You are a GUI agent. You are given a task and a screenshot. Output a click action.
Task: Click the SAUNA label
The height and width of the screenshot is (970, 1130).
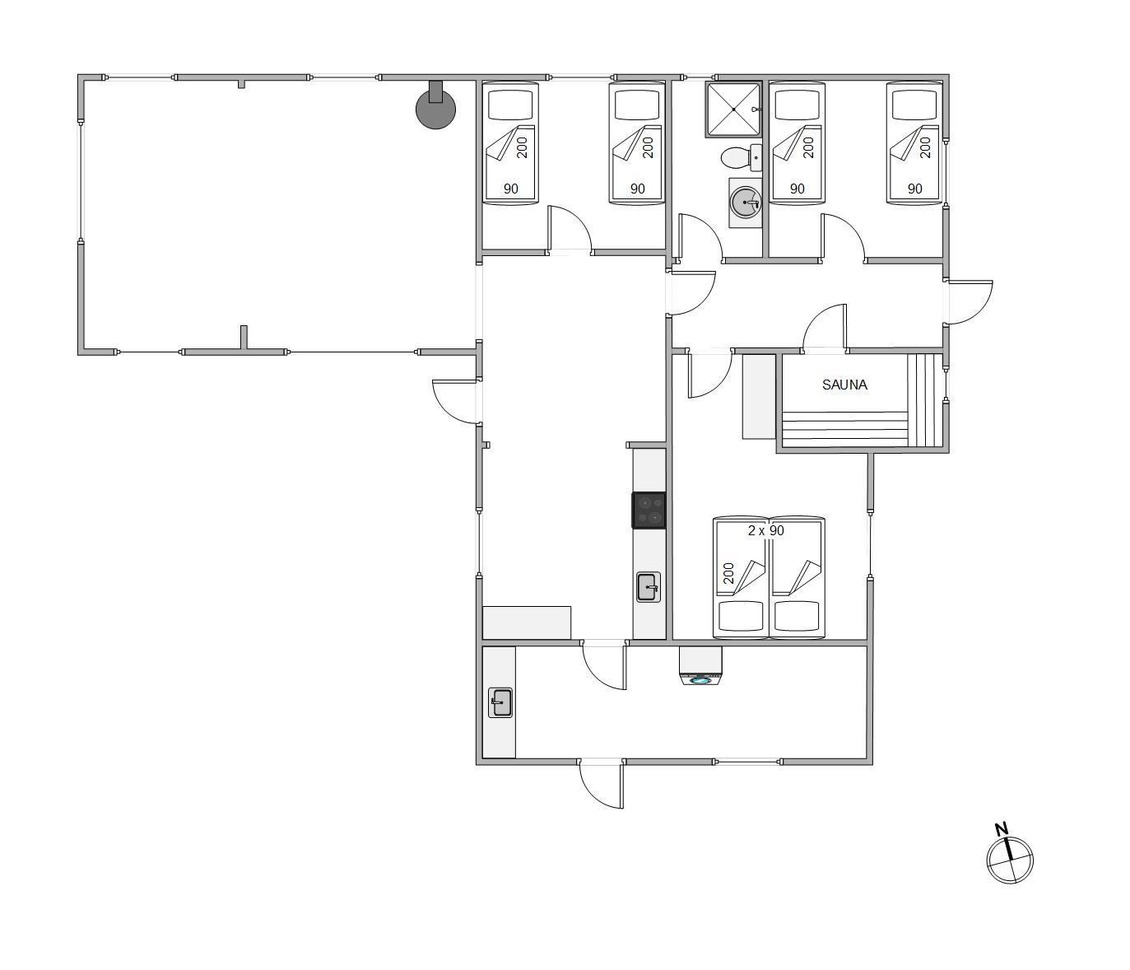coord(844,385)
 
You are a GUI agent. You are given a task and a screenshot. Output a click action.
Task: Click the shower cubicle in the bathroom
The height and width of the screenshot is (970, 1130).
coord(732,110)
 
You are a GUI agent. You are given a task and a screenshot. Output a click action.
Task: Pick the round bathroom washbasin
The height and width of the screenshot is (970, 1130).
coord(745,203)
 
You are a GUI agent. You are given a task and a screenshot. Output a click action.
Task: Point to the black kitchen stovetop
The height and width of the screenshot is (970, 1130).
coord(649,511)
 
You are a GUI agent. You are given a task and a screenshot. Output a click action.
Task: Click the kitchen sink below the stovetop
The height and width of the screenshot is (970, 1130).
coord(649,587)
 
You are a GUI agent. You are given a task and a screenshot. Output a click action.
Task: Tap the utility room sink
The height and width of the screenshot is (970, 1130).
coord(500,702)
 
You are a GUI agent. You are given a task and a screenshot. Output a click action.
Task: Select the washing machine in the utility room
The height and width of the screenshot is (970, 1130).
coord(700,666)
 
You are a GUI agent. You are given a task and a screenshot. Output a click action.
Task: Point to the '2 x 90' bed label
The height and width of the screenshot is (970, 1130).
coord(766,530)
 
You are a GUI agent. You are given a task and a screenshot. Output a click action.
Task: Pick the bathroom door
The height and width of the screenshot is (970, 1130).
coord(700,236)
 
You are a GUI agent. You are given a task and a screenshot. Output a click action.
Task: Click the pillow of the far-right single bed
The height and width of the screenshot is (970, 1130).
coord(914,105)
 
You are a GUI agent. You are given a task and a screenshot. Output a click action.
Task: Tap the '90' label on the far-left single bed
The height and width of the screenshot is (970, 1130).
coord(510,189)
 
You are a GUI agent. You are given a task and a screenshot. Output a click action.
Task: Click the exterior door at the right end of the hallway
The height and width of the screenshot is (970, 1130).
coord(970,302)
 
